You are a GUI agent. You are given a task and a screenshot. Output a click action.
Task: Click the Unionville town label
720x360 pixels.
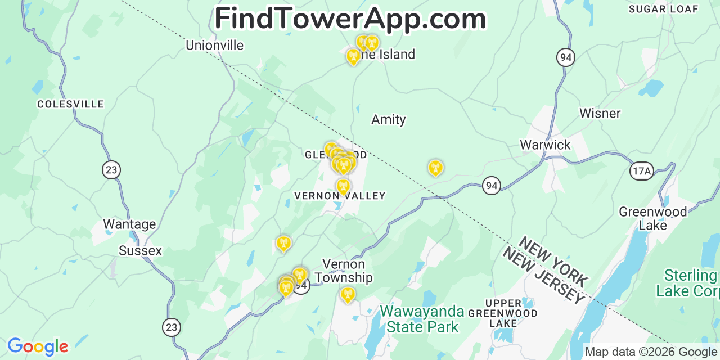coord(214,45)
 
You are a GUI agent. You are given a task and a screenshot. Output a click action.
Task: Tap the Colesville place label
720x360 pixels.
coord(70,104)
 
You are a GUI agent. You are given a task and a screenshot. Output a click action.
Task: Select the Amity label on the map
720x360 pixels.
coord(388,120)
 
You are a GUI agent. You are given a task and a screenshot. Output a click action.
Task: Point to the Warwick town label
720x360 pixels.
coord(545,145)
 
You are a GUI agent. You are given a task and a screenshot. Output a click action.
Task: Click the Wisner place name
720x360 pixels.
coord(600,114)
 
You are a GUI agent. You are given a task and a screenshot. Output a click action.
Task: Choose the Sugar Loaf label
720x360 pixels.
coord(663,9)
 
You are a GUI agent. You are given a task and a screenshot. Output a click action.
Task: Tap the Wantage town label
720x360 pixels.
coord(129,224)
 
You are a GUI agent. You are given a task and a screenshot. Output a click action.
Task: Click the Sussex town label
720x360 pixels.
coord(140,251)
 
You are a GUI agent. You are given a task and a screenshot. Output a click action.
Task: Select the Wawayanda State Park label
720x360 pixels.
coord(422,319)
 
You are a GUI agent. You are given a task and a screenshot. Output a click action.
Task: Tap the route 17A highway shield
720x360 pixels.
coord(641,171)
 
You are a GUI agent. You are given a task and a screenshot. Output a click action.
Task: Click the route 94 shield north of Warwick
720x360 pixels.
coord(566,57)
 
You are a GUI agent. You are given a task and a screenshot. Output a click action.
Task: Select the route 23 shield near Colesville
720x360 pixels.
coord(111,169)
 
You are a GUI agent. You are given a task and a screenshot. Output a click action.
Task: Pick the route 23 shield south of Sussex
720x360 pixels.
coord(172,327)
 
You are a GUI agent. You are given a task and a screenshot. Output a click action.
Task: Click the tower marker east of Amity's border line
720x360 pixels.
coord(435,168)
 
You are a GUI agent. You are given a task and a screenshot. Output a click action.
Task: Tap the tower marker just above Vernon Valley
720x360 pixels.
coord(343,185)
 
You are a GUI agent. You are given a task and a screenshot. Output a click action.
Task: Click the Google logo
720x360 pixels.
coord(38,346)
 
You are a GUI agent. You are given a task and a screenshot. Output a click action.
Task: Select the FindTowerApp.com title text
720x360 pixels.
coord(350,19)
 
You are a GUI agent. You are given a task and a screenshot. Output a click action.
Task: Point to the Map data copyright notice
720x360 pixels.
coord(651,352)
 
